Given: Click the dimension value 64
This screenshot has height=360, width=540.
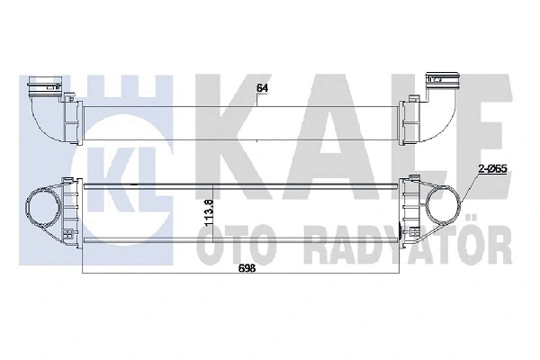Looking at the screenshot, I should [x=263, y=87].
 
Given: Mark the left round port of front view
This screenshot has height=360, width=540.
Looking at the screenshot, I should [x=44, y=207].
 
